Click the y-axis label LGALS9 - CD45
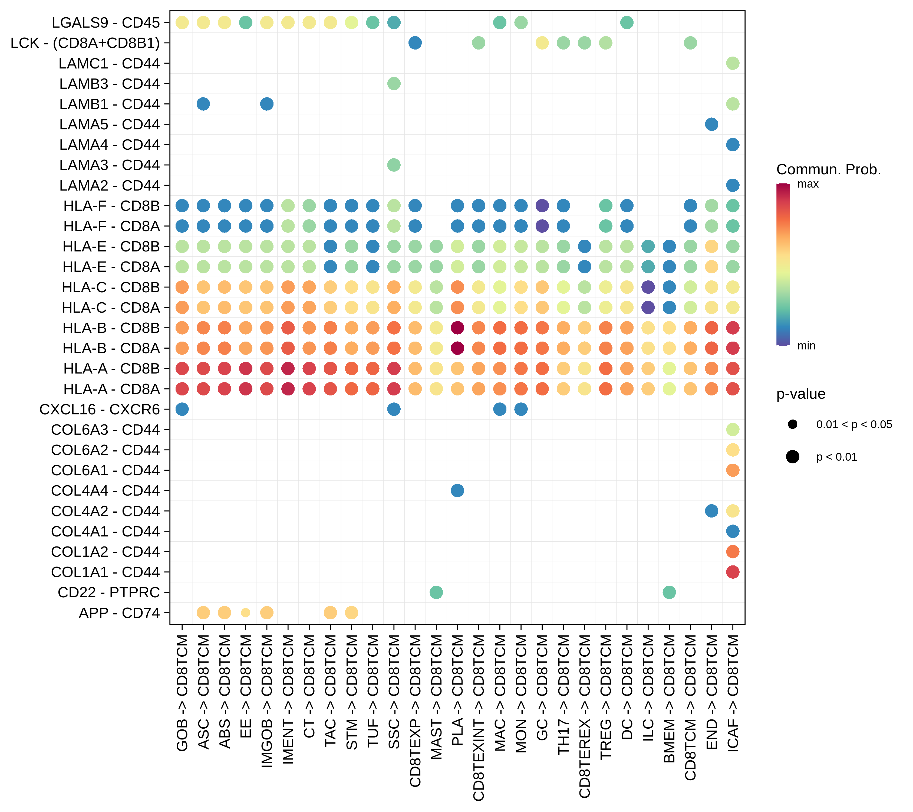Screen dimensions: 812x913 (x=106, y=23)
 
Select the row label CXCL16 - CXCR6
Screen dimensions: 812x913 (x=99, y=409)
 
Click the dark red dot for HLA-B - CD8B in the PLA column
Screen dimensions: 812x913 (x=457, y=328)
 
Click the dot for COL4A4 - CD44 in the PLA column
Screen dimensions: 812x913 (x=457, y=491)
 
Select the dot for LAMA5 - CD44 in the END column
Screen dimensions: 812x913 (x=711, y=124)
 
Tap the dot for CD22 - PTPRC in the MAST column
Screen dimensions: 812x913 (x=436, y=592)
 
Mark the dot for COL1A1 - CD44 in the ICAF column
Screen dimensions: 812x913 (x=733, y=572)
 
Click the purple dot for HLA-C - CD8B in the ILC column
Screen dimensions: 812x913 (x=648, y=287)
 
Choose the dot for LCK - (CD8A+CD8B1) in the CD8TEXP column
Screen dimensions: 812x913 (x=415, y=43)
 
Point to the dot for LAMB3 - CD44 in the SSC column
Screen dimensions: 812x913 (x=394, y=84)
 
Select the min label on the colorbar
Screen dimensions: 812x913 (x=806, y=346)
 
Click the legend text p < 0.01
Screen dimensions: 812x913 (x=837, y=457)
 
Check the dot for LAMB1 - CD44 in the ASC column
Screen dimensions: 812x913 (x=203, y=104)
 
